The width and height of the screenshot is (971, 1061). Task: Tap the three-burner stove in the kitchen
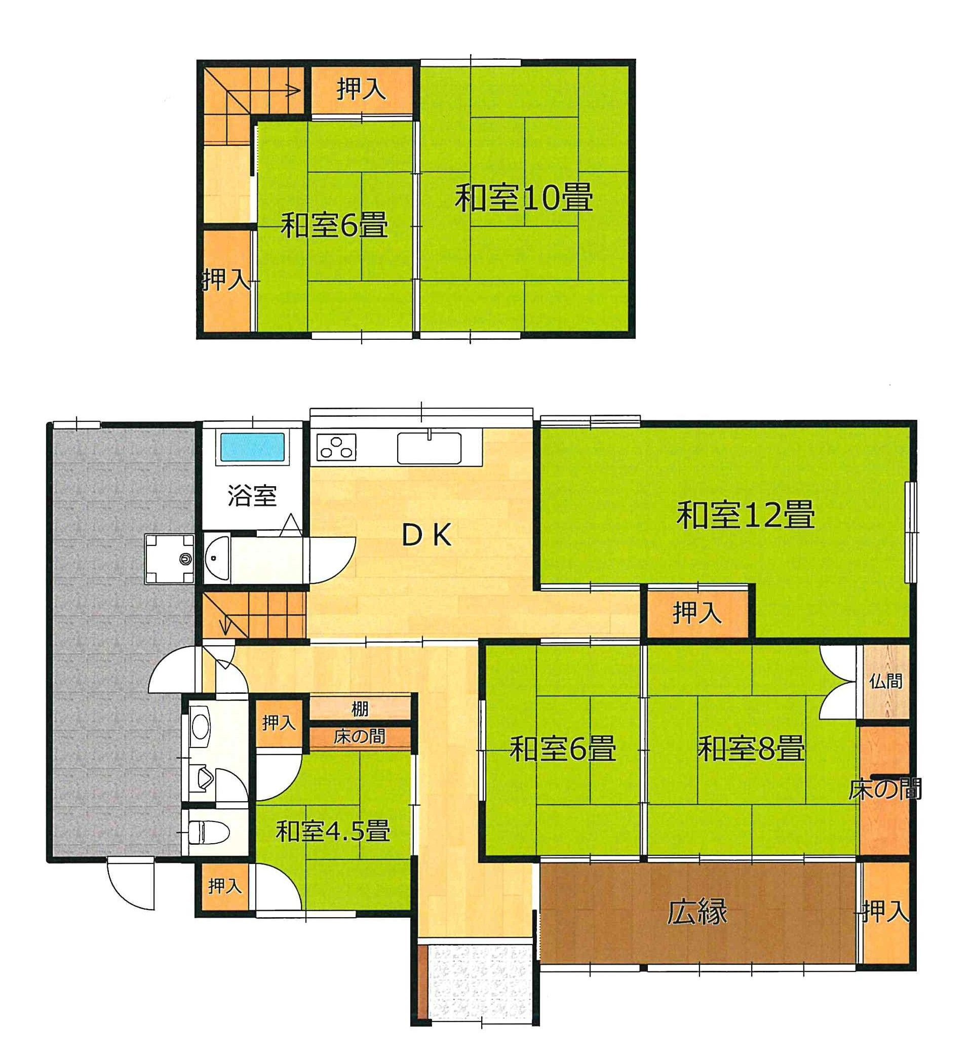[x=336, y=448]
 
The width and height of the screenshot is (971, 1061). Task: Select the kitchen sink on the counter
[x=429, y=448]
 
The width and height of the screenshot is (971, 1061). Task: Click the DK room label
[x=426, y=536]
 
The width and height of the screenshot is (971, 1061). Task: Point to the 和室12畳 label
[x=745, y=515]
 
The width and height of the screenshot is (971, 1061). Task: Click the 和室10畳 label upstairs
[x=524, y=198]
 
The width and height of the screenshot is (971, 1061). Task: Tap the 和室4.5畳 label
[x=333, y=831]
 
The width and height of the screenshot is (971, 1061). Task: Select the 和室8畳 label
[x=751, y=749]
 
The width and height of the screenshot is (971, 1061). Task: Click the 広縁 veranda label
[x=697, y=912]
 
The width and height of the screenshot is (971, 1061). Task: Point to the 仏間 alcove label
[x=886, y=682]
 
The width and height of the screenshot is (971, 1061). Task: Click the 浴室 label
[x=252, y=495]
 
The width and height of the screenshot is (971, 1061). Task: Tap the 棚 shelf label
[x=360, y=710]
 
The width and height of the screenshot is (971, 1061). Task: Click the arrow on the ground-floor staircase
[x=226, y=626]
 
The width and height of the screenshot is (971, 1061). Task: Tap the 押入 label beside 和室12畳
[x=697, y=613]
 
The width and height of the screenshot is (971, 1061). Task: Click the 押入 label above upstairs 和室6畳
[x=362, y=90]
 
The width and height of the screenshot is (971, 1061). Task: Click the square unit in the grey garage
[x=170, y=559]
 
